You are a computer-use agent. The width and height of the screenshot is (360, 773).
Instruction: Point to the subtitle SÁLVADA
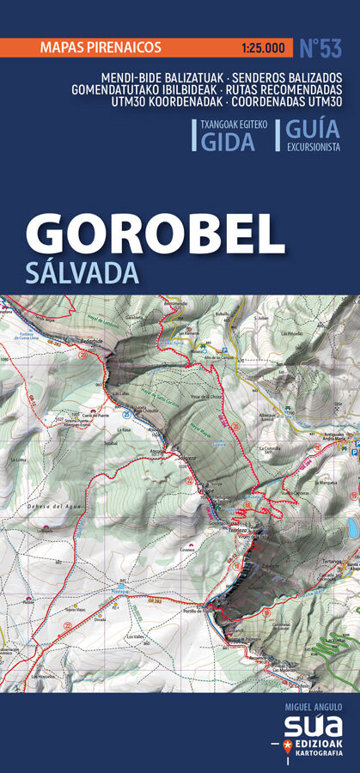82,273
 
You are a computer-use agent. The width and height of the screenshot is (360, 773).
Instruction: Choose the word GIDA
228,142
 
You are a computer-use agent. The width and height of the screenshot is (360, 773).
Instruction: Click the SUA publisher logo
310,727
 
